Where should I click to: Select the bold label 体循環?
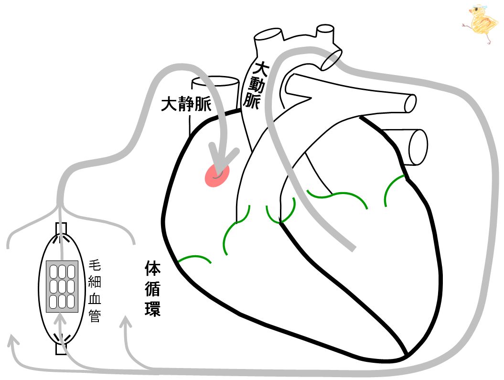pyautogui.click(x=152, y=289)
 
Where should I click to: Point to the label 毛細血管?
pyautogui.click(x=95, y=292)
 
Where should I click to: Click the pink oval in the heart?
pyautogui.click(x=217, y=175)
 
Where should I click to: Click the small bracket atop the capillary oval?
pyautogui.click(x=62, y=228)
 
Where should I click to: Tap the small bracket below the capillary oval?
pyautogui.click(x=61, y=349)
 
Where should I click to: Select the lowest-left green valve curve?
pyautogui.click(x=195, y=258)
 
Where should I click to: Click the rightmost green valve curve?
pyautogui.click(x=395, y=188)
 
